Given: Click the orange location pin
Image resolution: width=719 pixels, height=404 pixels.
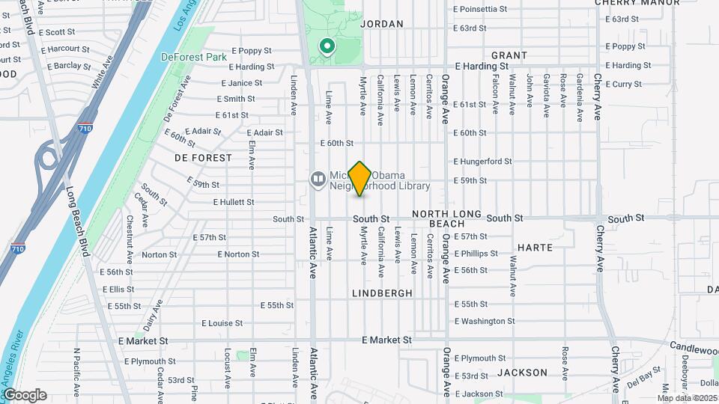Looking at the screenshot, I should pyautogui.click(x=360, y=178).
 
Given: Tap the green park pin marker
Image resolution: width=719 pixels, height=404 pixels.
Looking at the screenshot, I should pyautogui.click(x=327, y=47).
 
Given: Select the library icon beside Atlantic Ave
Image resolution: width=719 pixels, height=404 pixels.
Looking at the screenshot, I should pyautogui.click(x=318, y=179).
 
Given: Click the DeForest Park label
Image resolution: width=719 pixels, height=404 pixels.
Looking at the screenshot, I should pyautogui.click(x=182, y=56).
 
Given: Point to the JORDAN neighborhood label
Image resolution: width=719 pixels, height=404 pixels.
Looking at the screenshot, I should pyautogui.click(x=382, y=24).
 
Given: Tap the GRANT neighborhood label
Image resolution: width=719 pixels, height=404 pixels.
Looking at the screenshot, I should pyautogui.click(x=509, y=55).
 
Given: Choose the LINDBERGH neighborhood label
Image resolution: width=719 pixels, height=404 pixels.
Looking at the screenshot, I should pyautogui.click(x=382, y=293).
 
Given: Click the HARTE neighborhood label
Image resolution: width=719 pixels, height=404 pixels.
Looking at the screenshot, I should pyautogui.click(x=535, y=247).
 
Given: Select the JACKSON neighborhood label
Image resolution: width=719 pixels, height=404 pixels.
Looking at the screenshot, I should pyautogui.click(x=517, y=372).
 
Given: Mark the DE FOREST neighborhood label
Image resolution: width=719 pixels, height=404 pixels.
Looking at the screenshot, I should pyautogui.click(x=195, y=158).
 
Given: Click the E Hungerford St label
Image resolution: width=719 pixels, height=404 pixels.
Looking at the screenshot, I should pyautogui.click(x=482, y=161).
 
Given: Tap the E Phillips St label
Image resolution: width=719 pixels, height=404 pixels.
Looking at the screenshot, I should pyautogui.click(x=476, y=254).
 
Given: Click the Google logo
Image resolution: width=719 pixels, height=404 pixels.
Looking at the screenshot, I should pyautogui.click(x=25, y=395).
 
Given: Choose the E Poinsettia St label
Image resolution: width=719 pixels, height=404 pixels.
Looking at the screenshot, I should pyautogui.click(x=486, y=9).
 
